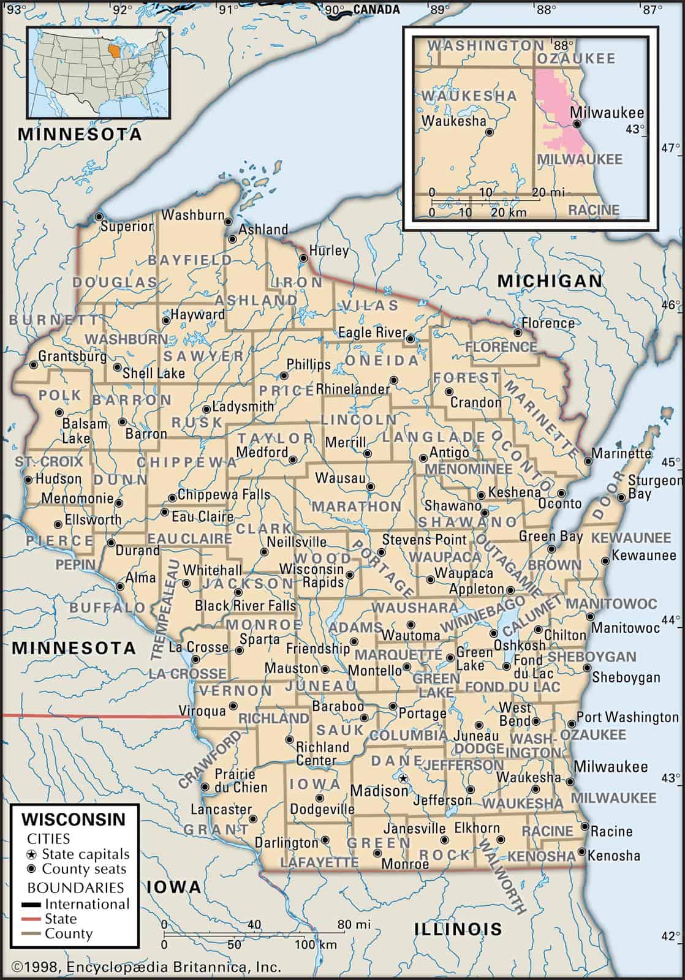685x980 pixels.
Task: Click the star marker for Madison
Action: click(x=403, y=778)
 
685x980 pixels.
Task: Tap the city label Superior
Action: click(x=127, y=227)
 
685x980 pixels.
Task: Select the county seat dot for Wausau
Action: click(x=370, y=487)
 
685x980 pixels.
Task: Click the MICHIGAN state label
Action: click(x=550, y=281)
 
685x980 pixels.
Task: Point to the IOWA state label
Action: click(x=174, y=886)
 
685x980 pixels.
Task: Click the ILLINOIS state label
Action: click(x=458, y=929)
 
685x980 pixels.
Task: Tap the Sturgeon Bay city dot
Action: click(x=622, y=497)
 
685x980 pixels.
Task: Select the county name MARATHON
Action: click(x=357, y=507)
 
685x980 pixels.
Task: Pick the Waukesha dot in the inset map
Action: click(x=489, y=132)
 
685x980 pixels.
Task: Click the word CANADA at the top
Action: click(x=376, y=9)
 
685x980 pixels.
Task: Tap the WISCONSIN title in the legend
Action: click(x=74, y=819)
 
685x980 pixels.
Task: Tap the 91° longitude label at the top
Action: click(x=230, y=9)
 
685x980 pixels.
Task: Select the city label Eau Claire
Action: click(x=202, y=516)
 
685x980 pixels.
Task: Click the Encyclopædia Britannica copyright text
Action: click(x=147, y=967)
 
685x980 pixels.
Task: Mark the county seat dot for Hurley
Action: click(x=303, y=258)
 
